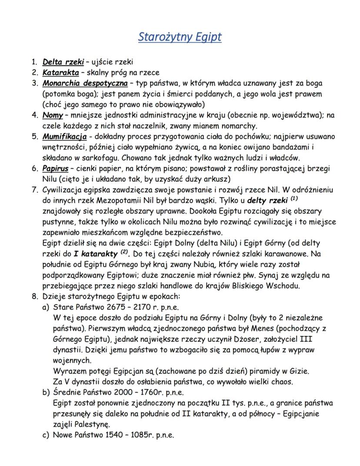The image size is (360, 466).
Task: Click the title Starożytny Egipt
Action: tap(180, 37)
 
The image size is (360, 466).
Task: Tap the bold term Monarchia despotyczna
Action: tap(85, 83)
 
